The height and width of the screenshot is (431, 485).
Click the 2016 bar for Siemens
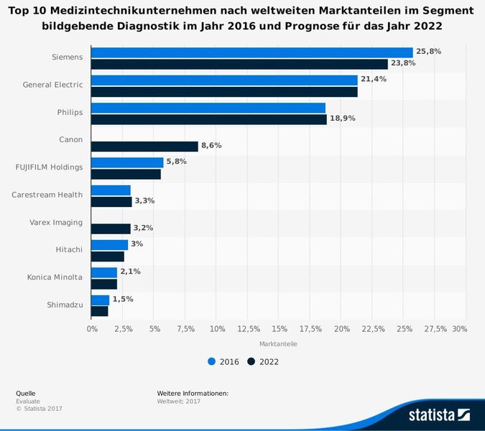coord(251,52)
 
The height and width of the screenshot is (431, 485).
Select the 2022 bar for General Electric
coord(224,92)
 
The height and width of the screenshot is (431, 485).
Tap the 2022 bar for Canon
coord(144,147)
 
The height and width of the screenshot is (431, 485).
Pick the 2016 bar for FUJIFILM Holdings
coord(127,162)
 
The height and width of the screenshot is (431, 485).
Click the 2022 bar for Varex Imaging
coord(111,228)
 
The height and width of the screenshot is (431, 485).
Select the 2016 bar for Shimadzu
coord(100,300)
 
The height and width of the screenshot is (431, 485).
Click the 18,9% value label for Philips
coord(342,119)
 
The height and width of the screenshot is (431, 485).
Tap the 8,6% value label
coord(211,146)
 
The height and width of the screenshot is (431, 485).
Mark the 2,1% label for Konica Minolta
coord(130,272)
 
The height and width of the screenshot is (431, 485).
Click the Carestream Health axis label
coord(47,195)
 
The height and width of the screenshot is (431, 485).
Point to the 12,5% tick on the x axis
coord(248,328)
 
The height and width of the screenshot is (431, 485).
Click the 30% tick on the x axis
coord(460,328)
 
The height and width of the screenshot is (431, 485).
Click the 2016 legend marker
coord(211,362)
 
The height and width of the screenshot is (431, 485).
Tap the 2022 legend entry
coord(262,362)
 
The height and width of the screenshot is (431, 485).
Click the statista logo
coord(438,414)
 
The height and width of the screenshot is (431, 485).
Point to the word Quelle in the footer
coord(26,394)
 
